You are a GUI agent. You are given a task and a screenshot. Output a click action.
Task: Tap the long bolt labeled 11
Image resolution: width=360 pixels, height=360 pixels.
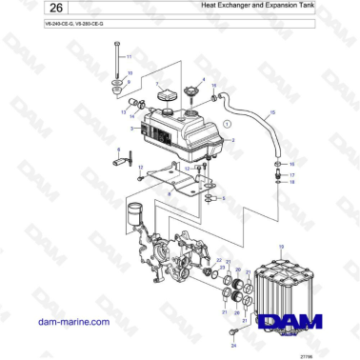(x=115, y=67)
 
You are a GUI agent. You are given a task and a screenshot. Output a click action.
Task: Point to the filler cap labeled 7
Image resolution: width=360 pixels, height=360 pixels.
(x=168, y=97)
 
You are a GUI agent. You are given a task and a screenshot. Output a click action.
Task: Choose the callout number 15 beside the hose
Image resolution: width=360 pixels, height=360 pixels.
(x=272, y=113)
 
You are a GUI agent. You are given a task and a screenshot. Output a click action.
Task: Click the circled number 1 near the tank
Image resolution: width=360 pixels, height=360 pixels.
(x=227, y=124)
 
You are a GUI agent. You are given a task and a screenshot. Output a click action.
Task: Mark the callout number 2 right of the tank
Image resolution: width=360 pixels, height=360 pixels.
(x=232, y=141)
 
